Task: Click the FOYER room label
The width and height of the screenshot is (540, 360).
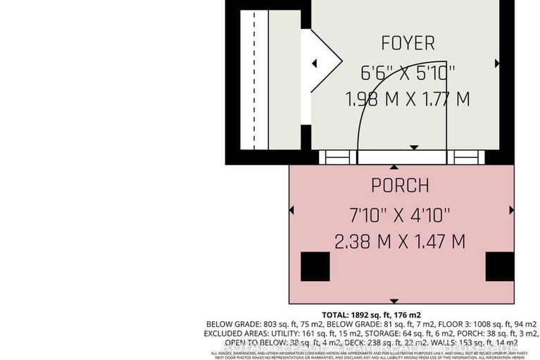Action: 408,43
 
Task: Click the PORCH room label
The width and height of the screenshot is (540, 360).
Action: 400,186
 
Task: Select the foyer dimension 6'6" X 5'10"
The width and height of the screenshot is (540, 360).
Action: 408,72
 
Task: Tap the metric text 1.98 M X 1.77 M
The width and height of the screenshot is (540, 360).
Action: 408,99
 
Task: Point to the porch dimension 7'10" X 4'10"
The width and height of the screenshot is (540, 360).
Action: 400,213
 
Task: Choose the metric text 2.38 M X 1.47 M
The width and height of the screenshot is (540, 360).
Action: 400,242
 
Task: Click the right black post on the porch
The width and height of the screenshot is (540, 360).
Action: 499,266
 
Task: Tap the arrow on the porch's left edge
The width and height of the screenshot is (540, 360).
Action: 292,210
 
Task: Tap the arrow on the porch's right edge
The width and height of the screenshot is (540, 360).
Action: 512,210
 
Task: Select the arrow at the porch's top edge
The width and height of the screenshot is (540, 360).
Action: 394,168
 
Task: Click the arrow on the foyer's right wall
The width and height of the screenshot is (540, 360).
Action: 497,63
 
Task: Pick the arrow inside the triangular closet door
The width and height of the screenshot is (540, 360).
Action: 315,64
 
